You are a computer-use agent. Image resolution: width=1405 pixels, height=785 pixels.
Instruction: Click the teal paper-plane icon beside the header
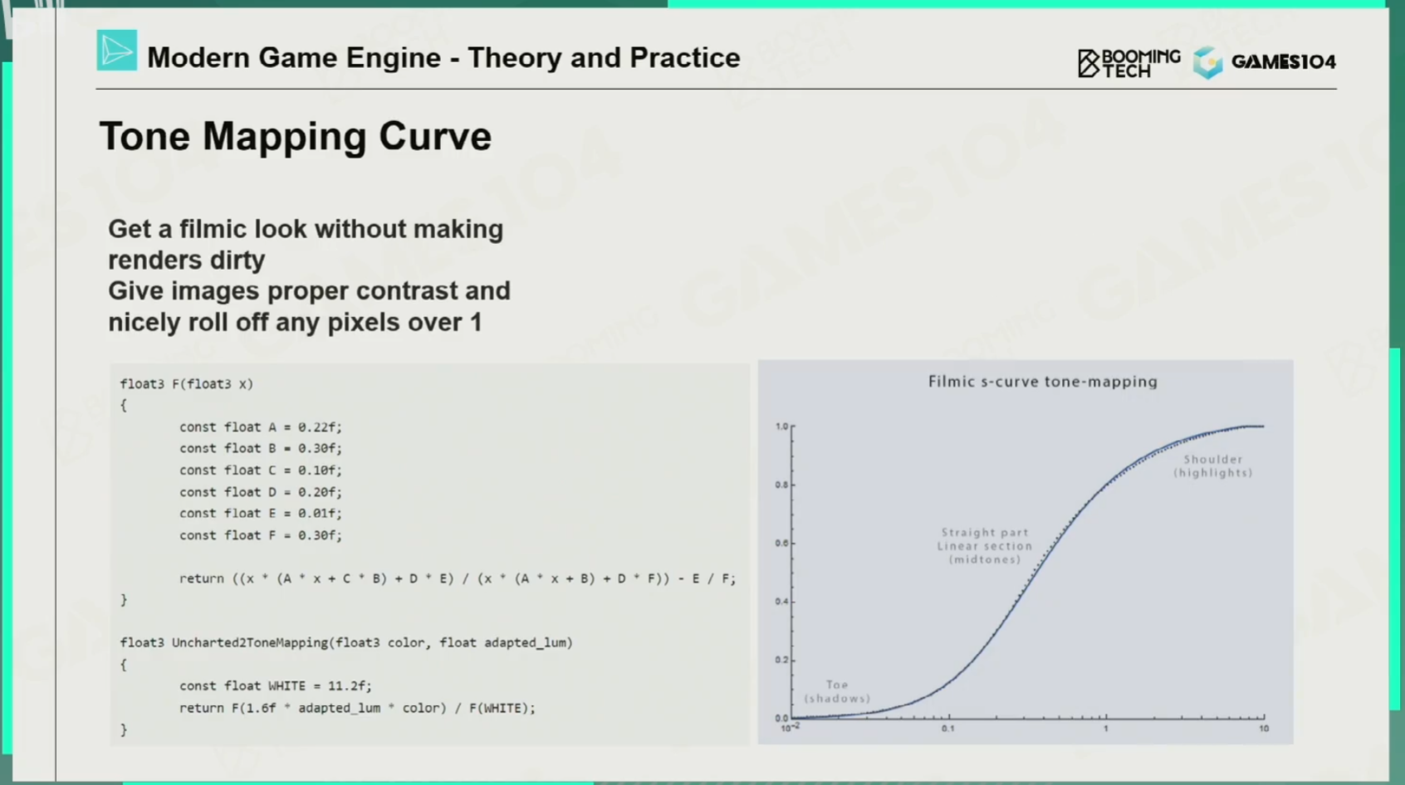(116, 50)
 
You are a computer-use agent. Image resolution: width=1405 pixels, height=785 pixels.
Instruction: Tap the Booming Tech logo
(1129, 63)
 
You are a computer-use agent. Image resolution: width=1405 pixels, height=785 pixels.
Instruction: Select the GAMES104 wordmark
(1283, 61)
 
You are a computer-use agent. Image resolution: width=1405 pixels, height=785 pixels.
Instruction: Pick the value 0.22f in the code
(320, 427)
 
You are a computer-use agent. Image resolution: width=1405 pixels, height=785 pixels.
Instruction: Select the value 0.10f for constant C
(320, 471)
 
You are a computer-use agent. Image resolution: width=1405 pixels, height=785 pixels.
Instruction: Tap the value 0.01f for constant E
(320, 514)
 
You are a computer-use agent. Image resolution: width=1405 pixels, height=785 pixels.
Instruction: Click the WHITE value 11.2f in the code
(350, 686)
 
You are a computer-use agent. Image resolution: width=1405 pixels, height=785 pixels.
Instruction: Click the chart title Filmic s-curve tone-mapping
(1042, 381)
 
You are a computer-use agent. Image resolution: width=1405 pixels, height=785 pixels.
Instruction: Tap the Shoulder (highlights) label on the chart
(1213, 466)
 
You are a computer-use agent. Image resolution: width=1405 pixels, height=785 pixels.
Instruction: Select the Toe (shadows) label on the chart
(837, 691)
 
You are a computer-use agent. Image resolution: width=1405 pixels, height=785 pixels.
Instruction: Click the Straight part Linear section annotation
(985, 539)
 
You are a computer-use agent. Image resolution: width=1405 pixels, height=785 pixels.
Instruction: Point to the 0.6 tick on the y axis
(781, 543)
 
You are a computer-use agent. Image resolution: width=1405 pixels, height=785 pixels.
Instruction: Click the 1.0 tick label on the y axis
(781, 427)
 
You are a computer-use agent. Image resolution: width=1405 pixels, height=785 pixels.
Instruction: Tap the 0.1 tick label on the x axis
(947, 729)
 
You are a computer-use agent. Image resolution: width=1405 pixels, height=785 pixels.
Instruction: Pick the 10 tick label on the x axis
(1263, 729)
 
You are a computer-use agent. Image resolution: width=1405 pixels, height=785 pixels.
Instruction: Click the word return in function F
(201, 578)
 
